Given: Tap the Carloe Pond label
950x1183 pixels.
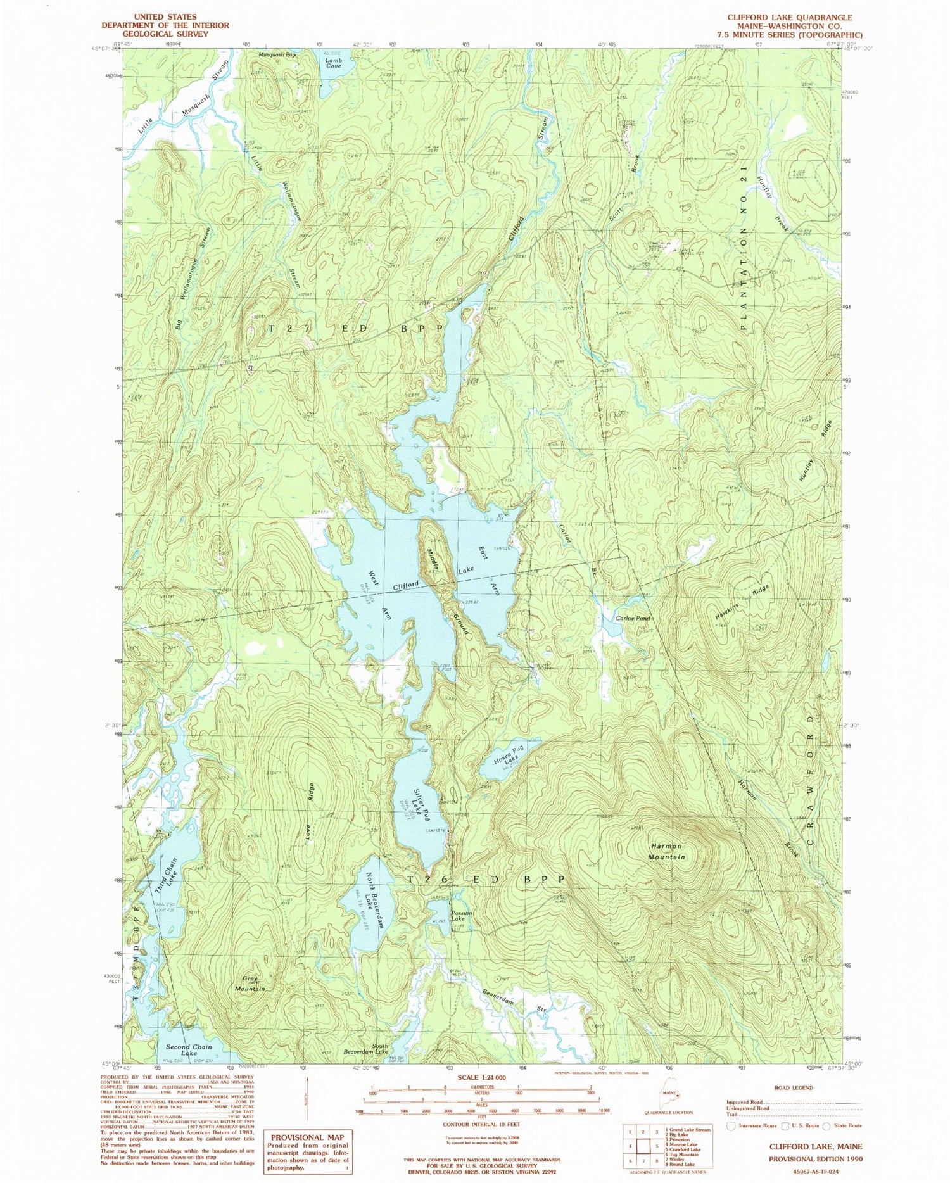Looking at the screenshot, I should click(x=633, y=618).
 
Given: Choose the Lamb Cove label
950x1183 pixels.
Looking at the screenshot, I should click(x=333, y=63).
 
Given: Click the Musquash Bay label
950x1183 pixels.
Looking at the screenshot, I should click(x=277, y=55).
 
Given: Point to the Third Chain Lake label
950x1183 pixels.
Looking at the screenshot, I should click(x=166, y=875).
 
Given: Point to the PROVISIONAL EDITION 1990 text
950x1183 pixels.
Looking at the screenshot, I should click(x=815, y=1158).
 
